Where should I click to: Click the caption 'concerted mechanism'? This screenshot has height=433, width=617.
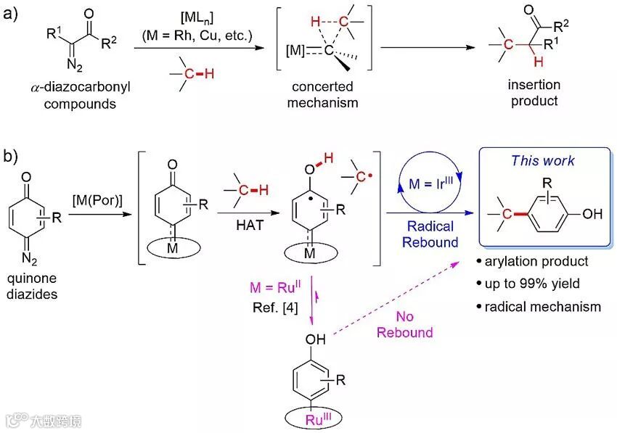click(322, 94)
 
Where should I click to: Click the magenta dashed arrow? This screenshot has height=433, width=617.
click(406, 297)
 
